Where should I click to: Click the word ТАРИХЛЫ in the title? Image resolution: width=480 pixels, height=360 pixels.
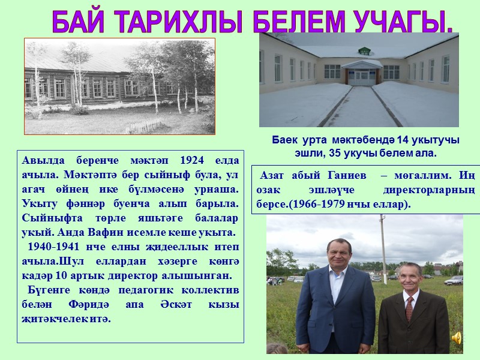[x=174, y=22]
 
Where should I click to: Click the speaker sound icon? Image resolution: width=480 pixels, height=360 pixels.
[x=457, y=338]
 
